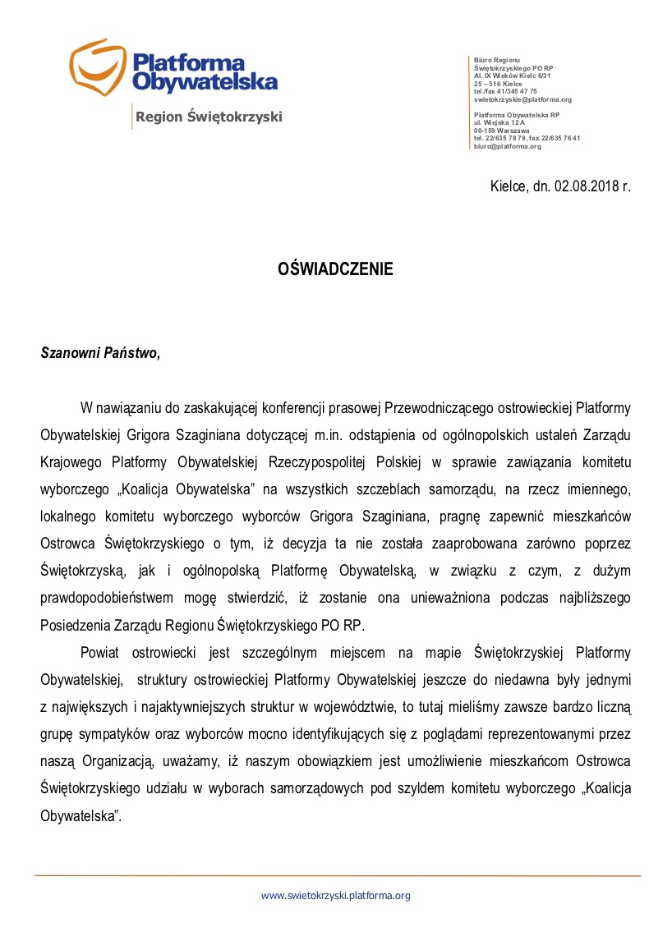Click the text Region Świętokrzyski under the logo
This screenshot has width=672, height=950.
tap(209, 117)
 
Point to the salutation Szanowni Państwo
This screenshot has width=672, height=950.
tap(100, 353)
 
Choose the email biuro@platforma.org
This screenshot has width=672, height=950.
tap(508, 146)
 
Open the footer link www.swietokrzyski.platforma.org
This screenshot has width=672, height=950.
tap(335, 896)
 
